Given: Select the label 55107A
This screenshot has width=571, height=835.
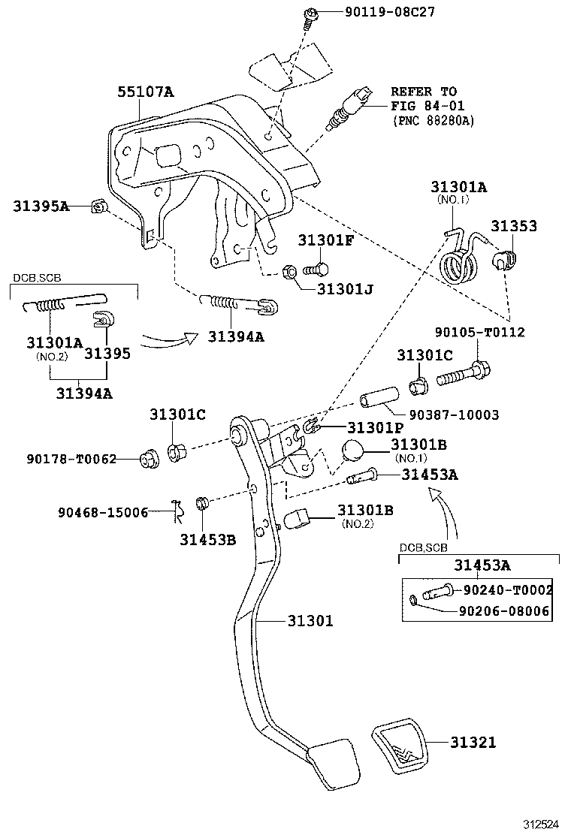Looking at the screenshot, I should coord(145,92).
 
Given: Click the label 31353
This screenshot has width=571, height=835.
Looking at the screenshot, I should coord(514,225).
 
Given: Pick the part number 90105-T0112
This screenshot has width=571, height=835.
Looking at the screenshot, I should coord(479,332).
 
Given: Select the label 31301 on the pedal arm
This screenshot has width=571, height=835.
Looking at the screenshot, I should coord(310,621).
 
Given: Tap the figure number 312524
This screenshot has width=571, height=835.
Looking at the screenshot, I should coord(541,823).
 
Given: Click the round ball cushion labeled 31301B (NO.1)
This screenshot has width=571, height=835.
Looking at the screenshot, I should coord(356,453).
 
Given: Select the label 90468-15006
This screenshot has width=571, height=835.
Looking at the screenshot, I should coord(103,513).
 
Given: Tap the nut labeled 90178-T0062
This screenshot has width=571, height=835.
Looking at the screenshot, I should coord(150,457).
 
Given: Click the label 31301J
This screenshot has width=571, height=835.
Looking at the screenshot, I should coord(346,288).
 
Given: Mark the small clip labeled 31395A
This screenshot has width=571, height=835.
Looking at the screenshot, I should coord(98,206).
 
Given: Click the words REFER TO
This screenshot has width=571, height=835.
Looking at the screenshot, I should coord(424,92).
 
